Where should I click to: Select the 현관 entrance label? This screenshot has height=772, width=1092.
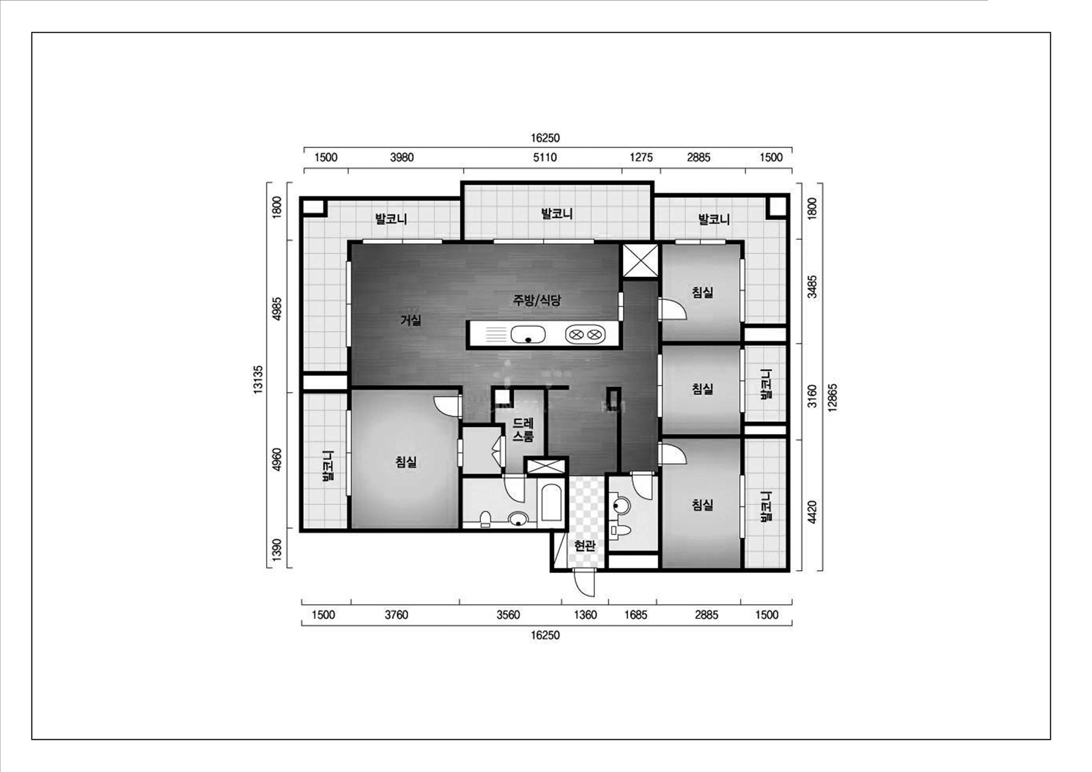coord(585,546)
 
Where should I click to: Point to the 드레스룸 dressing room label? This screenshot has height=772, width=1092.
coord(523,430)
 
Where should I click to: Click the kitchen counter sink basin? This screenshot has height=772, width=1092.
coord(528,334)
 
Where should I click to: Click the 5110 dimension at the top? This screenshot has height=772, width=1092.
coord(545,157)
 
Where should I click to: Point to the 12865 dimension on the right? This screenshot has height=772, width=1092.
coord(833,398)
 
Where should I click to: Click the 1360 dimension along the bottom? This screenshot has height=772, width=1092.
coord(585,615)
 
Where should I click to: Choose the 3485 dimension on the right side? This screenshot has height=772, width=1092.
coord(813,287)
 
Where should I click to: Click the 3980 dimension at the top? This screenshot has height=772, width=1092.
coord(402,157)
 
